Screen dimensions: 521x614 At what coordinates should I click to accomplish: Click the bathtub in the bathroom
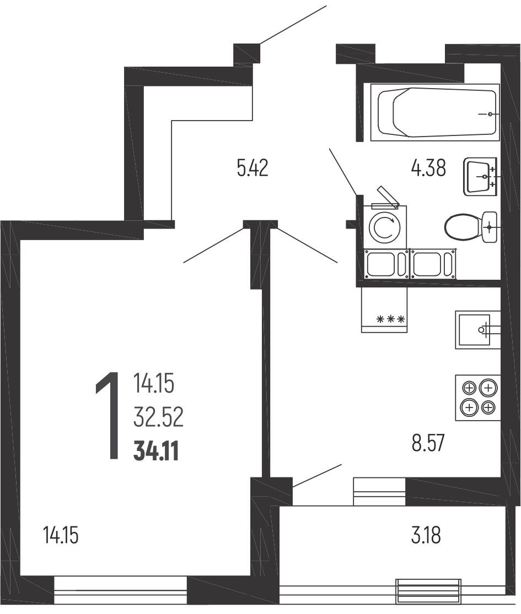435,112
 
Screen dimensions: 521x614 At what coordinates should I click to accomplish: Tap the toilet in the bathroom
471,227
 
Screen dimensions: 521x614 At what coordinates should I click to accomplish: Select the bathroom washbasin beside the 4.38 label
480,176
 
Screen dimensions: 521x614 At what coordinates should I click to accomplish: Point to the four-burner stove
478,398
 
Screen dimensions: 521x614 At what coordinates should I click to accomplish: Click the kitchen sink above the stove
478,330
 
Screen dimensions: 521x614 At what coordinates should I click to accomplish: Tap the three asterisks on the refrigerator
390,319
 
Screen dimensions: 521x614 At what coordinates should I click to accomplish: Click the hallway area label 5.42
253,169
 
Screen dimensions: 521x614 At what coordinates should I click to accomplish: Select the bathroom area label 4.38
428,169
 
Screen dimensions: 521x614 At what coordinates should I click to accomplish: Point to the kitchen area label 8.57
428,443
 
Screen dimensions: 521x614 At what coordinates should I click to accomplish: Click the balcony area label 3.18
426,535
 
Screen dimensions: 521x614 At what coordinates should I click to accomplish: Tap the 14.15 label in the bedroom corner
61,535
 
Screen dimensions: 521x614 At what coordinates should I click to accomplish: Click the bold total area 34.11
156,451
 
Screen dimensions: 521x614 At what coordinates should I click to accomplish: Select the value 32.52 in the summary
158,417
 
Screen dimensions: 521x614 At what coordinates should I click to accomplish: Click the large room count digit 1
108,416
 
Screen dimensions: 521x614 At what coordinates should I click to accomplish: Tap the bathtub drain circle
490,114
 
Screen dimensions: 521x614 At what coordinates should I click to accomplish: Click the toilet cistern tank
490,227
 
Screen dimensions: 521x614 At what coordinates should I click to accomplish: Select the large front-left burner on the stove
469,407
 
